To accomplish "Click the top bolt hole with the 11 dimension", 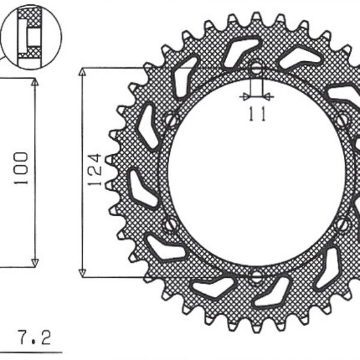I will (x=256, y=68).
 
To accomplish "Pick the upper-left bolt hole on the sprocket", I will (x=171, y=119).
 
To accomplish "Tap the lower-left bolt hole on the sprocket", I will (x=171, y=224).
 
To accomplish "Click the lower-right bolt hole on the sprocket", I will (x=343, y=224).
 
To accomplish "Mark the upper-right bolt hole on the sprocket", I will (x=342, y=119).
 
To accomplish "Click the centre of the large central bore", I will (x=256, y=172).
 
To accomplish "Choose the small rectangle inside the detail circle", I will (x=31, y=37).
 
